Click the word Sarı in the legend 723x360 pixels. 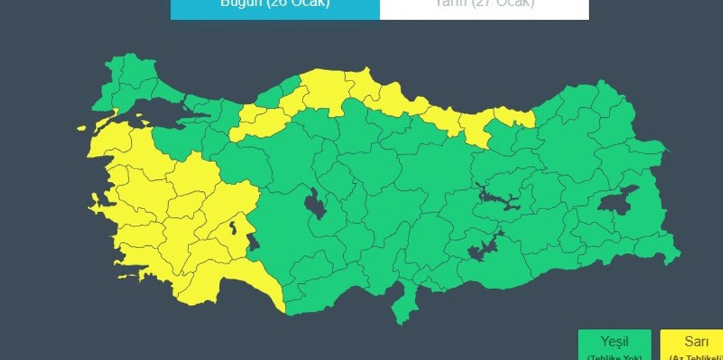pyautogui.click(x=696, y=343)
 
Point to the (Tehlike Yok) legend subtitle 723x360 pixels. pyautogui.click(x=614, y=356)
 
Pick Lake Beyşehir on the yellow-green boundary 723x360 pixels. pyautogui.click(x=253, y=243)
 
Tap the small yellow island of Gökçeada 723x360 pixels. pyautogui.click(x=81, y=128)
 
